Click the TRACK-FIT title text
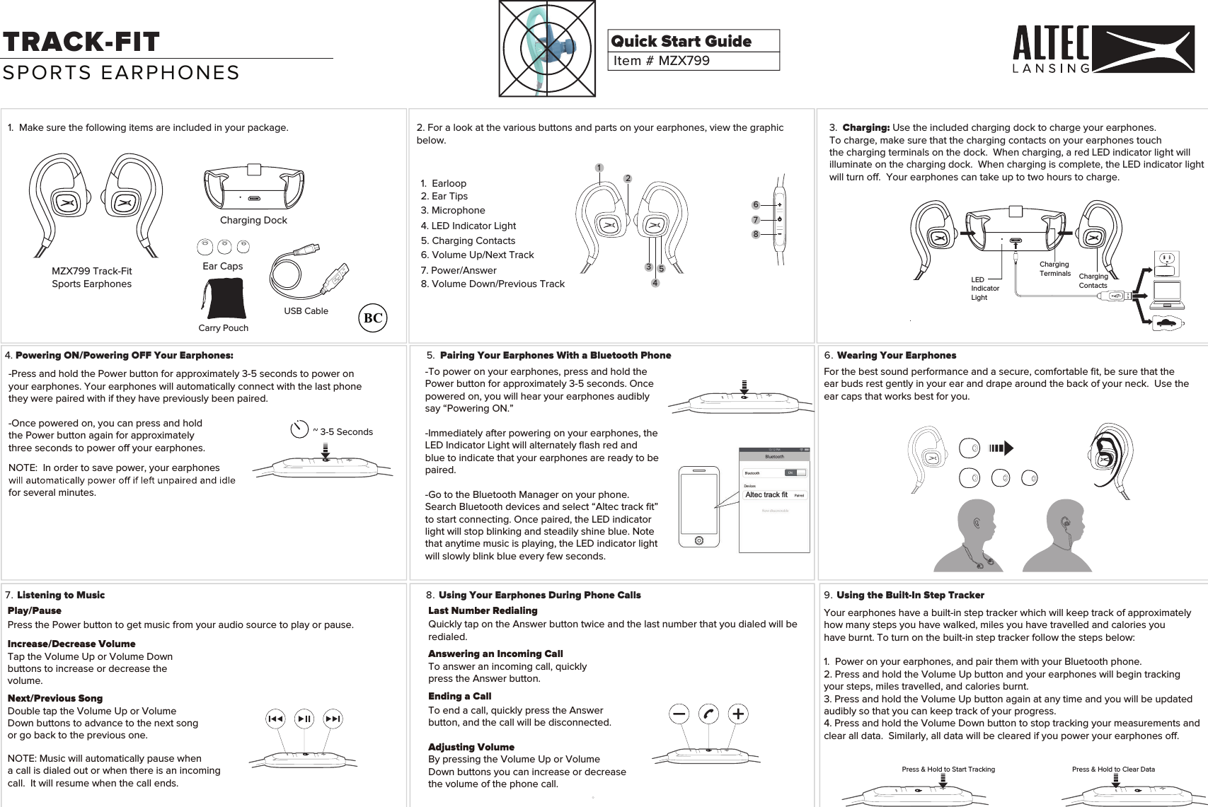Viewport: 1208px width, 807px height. (81, 42)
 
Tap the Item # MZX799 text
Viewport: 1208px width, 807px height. (661, 61)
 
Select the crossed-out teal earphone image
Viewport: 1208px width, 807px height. (547, 49)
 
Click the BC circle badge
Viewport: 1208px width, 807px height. (373, 318)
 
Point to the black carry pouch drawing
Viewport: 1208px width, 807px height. (224, 298)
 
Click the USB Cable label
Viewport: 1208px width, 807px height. (306, 311)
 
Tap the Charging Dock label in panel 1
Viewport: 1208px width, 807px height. (253, 221)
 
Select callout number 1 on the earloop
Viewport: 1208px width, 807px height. (599, 168)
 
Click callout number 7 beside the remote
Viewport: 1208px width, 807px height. (756, 220)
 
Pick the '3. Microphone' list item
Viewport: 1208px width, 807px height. (453, 211)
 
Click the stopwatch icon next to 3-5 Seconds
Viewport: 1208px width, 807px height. (299, 429)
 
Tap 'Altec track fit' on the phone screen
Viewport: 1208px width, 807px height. (766, 495)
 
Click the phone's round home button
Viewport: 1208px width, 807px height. (698, 540)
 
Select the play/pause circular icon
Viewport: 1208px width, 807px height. (304, 719)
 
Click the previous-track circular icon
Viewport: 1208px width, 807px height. (275, 719)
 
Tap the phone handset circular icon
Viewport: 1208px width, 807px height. (708, 714)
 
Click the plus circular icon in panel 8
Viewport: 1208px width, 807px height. (738, 714)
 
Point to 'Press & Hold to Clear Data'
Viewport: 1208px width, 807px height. (1113, 770)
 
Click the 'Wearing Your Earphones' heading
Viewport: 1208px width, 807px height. (896, 356)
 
